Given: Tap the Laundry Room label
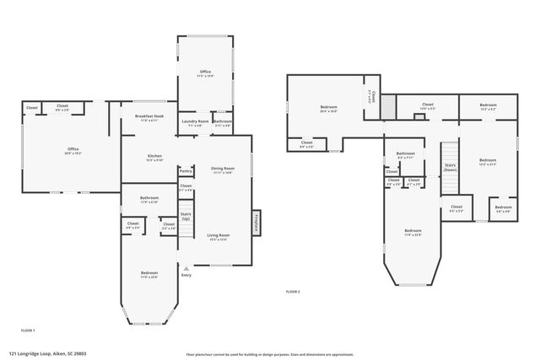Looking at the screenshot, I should pos(196,122).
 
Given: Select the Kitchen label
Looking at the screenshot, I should pos(154,158).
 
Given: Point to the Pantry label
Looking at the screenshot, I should pos(186,171).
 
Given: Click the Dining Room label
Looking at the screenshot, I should pos(223,169).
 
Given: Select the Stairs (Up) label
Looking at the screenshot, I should pos(186,216).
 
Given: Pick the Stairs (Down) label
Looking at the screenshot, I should pos(451,167).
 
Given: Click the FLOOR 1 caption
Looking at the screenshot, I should pos(28,330).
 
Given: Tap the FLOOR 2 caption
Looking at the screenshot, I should pos(293,292).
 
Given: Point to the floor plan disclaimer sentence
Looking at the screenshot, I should pos(270,354).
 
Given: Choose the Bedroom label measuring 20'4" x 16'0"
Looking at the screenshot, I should pos(328,109).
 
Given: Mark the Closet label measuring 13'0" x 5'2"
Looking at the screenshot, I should pos(428,106).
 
